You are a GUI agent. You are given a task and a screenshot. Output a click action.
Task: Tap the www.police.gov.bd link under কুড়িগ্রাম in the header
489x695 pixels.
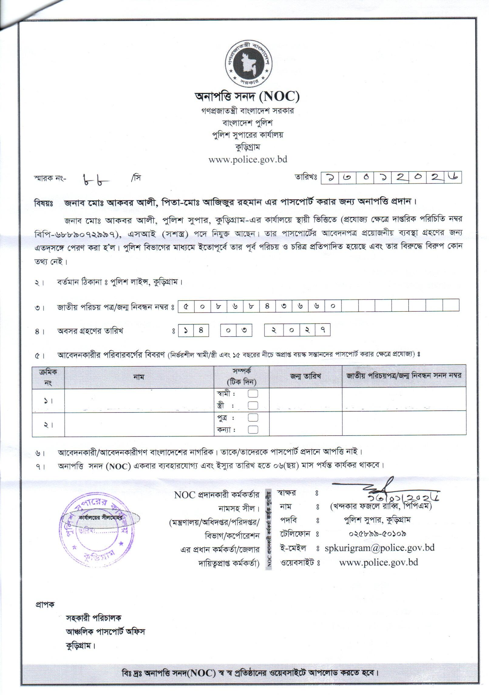tap(248, 159)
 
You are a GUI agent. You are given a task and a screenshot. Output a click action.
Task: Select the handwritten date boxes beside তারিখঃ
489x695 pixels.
tap(391, 177)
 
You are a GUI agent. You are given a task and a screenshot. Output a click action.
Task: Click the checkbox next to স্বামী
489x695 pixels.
tap(253, 394)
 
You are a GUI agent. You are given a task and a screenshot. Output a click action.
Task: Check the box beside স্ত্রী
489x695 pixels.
tap(253, 405)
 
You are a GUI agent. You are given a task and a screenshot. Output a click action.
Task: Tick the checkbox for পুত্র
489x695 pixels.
tap(253, 418)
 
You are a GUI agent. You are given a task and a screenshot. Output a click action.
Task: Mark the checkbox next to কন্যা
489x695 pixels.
tap(253, 430)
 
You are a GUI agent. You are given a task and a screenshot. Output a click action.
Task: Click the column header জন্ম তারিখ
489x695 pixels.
tap(305, 376)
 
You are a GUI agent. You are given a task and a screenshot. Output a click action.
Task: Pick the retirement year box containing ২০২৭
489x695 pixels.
tap(297, 330)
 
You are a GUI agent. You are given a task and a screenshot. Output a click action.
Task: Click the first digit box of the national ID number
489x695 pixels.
tap(186, 306)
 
